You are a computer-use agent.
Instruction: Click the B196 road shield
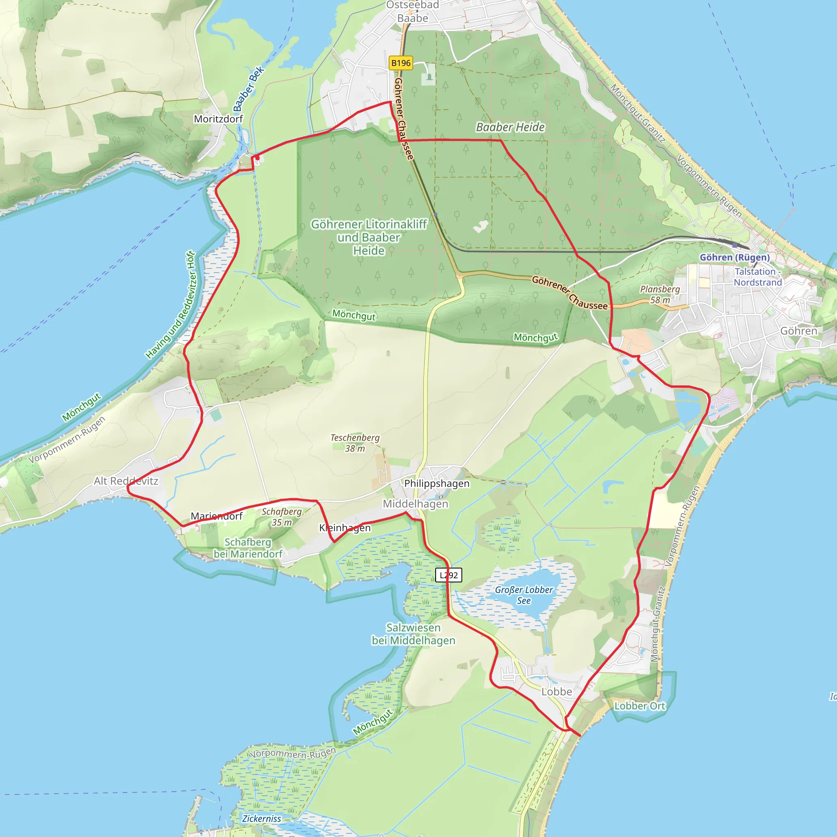(x=401, y=63)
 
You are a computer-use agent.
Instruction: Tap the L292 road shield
(x=448, y=575)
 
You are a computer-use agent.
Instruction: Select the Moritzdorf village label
(x=218, y=119)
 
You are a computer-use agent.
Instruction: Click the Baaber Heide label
(x=510, y=127)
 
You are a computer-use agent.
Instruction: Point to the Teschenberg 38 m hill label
(x=355, y=443)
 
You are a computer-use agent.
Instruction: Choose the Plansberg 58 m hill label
(x=660, y=294)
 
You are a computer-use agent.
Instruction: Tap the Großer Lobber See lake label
(x=524, y=595)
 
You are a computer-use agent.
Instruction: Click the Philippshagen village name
(x=437, y=483)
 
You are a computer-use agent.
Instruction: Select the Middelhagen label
(x=416, y=504)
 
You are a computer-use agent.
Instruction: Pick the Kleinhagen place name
(x=345, y=527)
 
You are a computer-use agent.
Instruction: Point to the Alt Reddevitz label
(x=126, y=481)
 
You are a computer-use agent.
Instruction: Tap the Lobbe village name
(x=557, y=692)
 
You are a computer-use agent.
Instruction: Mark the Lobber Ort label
(x=640, y=706)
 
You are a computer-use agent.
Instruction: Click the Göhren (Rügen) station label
(x=735, y=257)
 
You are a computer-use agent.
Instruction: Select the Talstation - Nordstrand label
(x=758, y=277)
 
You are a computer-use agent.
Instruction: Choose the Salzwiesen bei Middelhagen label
(x=413, y=634)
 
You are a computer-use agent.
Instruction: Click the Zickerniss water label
(x=261, y=818)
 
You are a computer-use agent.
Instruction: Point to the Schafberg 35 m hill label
(x=282, y=517)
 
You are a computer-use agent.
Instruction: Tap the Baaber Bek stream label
(x=248, y=89)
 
